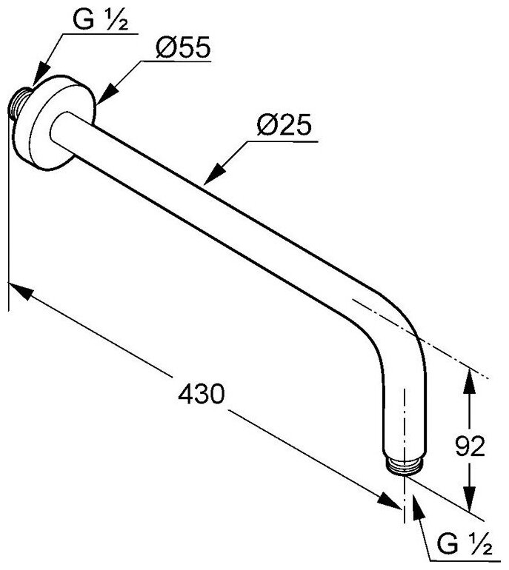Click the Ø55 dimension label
[183, 49]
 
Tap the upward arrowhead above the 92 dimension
[468, 380]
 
